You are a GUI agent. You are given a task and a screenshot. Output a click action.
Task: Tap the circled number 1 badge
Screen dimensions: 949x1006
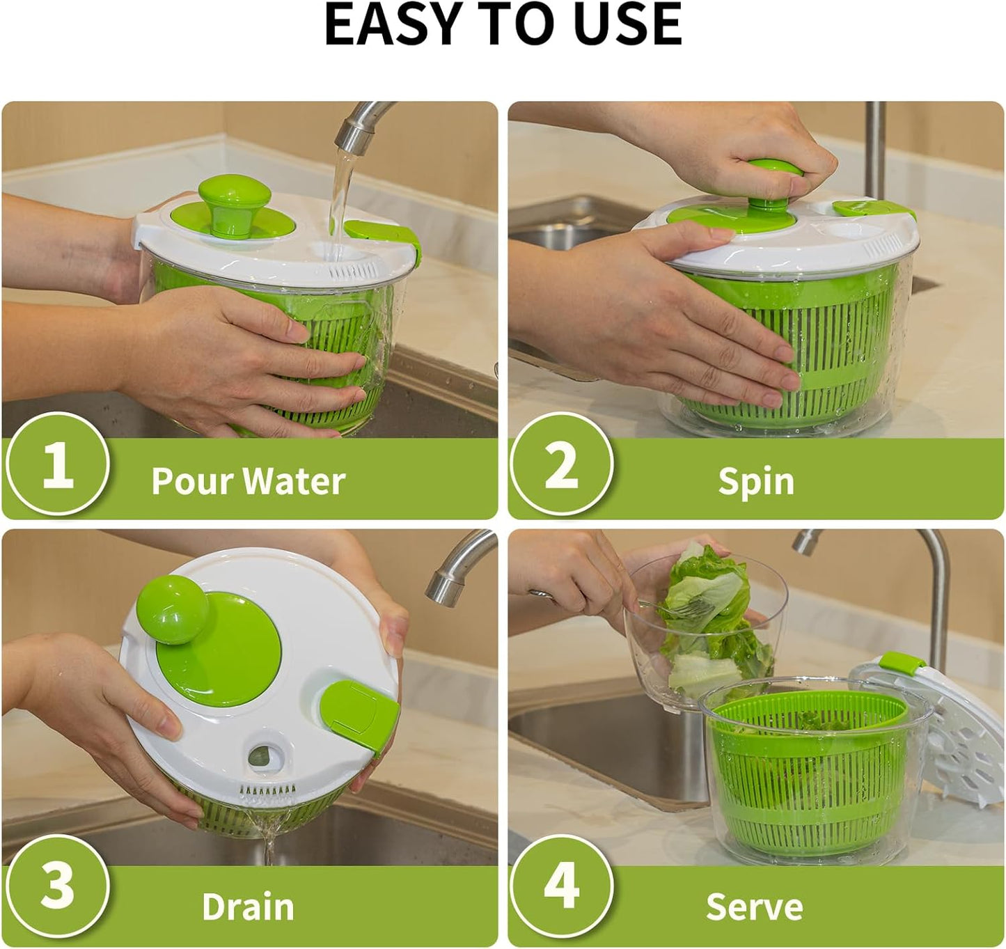(57, 464)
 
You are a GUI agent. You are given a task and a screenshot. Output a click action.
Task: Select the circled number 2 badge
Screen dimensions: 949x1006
(561, 464)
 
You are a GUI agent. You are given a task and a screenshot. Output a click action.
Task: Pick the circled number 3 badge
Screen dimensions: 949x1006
(57, 886)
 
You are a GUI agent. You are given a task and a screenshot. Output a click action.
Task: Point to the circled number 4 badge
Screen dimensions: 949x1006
(561, 886)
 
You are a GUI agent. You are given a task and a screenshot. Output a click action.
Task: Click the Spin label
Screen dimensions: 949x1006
(755, 481)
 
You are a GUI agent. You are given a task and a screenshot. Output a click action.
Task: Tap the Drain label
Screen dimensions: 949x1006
(248, 907)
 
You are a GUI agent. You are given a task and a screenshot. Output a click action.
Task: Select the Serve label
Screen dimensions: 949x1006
(754, 907)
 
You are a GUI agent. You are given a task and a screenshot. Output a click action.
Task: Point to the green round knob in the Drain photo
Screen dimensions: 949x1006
(172, 609)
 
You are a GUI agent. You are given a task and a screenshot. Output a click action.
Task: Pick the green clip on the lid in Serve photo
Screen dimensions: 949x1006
(901, 664)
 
